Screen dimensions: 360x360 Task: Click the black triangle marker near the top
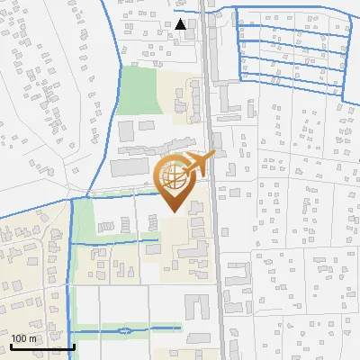click(181, 24)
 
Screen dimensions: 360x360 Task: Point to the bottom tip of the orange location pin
click(174, 212)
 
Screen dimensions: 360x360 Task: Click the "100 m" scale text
click(24, 337)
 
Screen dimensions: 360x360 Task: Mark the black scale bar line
click(42, 346)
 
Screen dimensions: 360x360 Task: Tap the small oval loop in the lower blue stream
click(133, 331)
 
